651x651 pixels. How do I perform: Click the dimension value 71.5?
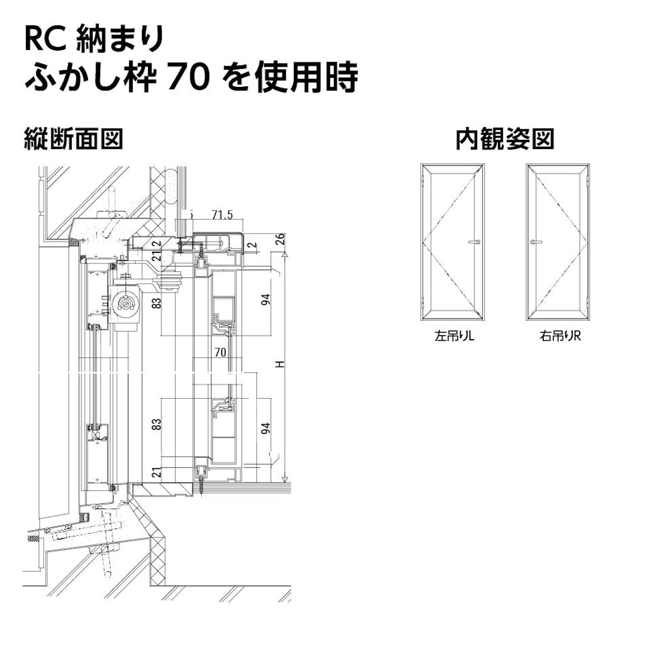click(x=222, y=215)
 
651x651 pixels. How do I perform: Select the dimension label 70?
click(x=220, y=352)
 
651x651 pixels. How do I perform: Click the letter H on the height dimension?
click(x=279, y=364)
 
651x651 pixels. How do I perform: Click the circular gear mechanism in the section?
click(x=124, y=304)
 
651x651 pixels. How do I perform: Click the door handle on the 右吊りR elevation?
click(x=534, y=242)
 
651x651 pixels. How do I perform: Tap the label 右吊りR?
click(x=559, y=336)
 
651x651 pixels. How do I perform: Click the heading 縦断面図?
click(x=74, y=139)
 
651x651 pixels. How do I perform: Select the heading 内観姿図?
click(x=505, y=139)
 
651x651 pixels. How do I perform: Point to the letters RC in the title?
click(x=45, y=39)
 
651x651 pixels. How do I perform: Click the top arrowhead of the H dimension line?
click(x=285, y=254)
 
